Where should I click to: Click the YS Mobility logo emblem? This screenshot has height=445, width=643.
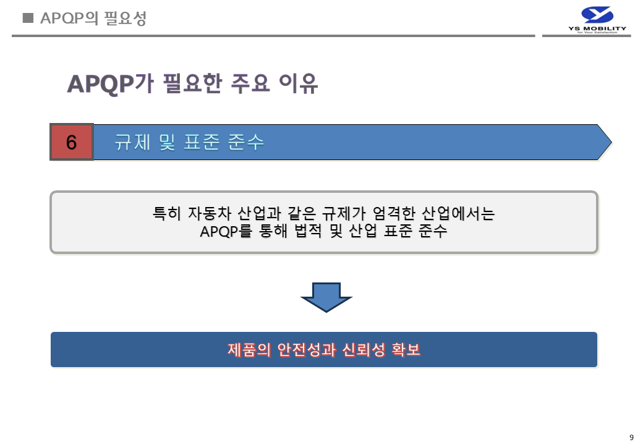coord(597,15)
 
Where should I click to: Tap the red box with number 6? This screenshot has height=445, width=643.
coord(72,142)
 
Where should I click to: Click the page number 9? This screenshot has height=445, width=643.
coord(631,438)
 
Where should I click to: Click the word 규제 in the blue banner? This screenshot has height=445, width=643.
coord(129,142)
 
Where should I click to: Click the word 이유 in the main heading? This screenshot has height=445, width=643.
coord(299,83)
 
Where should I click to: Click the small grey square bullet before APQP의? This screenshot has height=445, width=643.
coord(27,18)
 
